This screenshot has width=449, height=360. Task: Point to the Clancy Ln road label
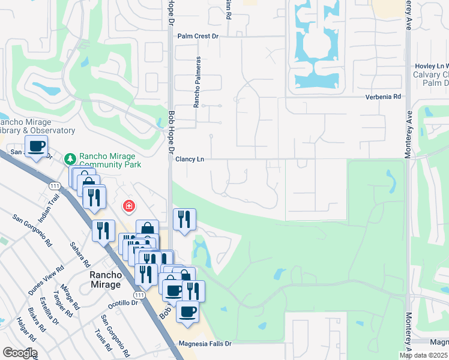click(190, 159)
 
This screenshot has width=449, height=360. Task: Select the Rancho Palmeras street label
click(196, 83)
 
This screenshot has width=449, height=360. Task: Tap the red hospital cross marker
click(128, 207)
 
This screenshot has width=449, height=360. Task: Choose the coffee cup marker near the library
click(36, 146)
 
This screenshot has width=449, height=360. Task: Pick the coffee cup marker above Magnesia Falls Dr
click(188, 312)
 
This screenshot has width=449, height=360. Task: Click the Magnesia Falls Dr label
click(205, 344)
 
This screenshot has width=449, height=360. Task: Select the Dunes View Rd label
click(46, 280)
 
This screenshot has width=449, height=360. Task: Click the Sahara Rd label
click(79, 255)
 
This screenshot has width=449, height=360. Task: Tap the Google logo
click(19, 353)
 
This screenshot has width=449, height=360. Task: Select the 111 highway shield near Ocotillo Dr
click(139, 296)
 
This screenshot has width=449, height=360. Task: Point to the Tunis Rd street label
click(102, 340)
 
